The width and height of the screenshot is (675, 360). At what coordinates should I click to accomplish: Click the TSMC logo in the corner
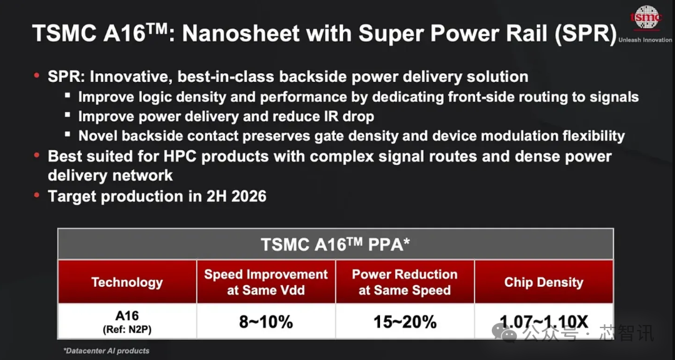pyautogui.click(x=647, y=17)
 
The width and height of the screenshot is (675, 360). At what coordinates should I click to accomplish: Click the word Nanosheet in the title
pyautogui.click(x=241, y=33)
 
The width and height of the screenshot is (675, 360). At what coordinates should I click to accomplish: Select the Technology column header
pyautogui.click(x=127, y=282)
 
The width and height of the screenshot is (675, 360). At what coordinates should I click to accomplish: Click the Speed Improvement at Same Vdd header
pyautogui.click(x=266, y=282)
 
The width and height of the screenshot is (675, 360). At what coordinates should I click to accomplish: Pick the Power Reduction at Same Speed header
pyautogui.click(x=404, y=282)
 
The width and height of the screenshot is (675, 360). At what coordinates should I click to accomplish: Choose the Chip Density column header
pyautogui.click(x=544, y=282)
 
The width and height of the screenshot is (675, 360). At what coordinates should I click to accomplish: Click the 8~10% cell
pyautogui.click(x=266, y=322)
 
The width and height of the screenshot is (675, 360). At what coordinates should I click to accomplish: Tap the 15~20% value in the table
pyautogui.click(x=404, y=322)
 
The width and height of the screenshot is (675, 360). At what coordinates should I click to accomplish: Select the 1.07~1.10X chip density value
pyautogui.click(x=544, y=322)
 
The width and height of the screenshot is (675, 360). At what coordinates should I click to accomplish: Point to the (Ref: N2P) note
pyautogui.click(x=127, y=330)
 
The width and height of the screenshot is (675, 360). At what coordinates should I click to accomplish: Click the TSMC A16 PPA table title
pyautogui.click(x=336, y=244)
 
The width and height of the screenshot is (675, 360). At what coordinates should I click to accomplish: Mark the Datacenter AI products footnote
pyautogui.click(x=106, y=351)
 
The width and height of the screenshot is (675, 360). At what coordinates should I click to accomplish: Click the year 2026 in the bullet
pyautogui.click(x=249, y=196)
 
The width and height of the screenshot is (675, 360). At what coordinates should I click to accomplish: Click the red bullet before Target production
pyautogui.click(x=37, y=196)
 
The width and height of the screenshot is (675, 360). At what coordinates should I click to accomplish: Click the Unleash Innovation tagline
pyautogui.click(x=645, y=40)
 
